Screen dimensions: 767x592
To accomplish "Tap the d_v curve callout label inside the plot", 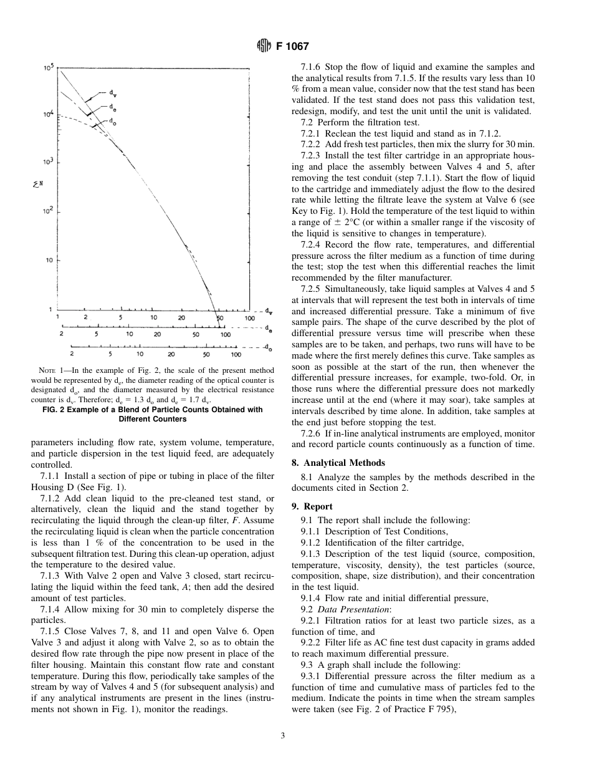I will click(114, 95).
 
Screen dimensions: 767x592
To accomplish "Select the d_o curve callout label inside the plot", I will click(112, 122).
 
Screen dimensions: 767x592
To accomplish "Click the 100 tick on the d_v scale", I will click(249, 318).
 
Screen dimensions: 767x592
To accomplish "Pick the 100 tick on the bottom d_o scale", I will click(236, 354).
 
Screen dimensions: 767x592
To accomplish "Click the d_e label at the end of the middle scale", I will click(268, 327).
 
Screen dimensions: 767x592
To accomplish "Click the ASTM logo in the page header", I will click(263, 46).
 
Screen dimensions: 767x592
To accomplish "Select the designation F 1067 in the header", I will click(292, 46).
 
